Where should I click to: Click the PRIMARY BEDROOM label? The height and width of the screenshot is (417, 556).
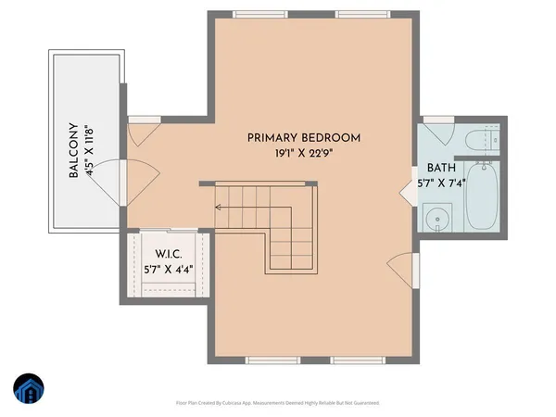pyautogui.click(x=303, y=138)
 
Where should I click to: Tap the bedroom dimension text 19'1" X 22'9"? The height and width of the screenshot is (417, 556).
pyautogui.click(x=303, y=156)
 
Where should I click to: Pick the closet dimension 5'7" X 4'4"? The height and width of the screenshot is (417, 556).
pyautogui.click(x=169, y=272)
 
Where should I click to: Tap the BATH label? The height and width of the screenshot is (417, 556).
pyautogui.click(x=441, y=169)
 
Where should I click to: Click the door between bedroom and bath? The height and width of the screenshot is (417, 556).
pyautogui.click(x=408, y=191)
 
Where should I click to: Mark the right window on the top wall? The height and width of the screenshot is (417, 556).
pyautogui.click(x=360, y=14)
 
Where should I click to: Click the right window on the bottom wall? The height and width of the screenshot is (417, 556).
pyautogui.click(x=360, y=360)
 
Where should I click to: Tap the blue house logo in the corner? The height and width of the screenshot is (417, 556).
pyautogui.click(x=28, y=391)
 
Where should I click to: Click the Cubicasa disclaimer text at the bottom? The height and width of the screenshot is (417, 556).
pyautogui.click(x=277, y=403)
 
